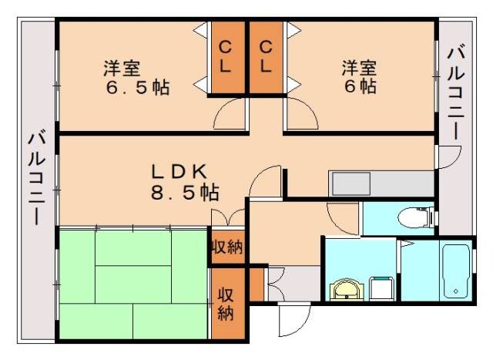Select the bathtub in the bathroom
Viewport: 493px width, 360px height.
pos(454,273)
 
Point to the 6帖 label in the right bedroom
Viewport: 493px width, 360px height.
pos(361,86)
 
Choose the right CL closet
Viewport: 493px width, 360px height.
pos(266,58)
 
